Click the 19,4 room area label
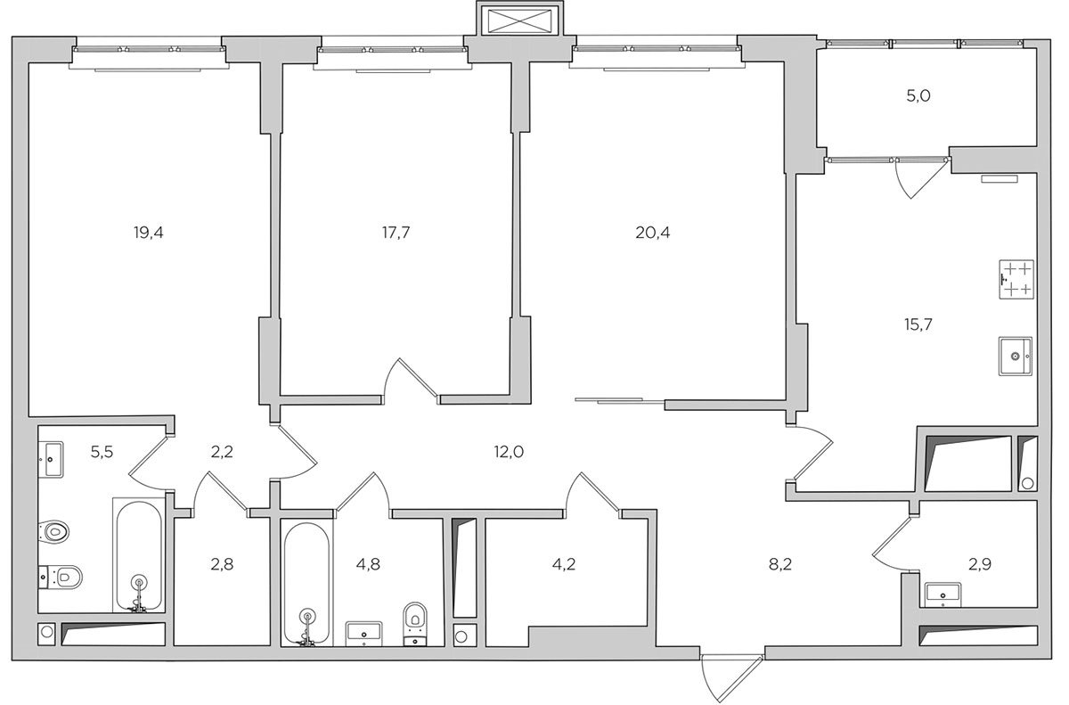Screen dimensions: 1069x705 pyautogui.click(x=149, y=233)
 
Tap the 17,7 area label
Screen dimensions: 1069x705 pyautogui.click(x=396, y=233)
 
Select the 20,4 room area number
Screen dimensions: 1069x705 pyautogui.click(x=652, y=233)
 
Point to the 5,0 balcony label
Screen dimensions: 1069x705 pyautogui.click(x=918, y=96)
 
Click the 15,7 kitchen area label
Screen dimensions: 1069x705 pyautogui.click(x=918, y=325)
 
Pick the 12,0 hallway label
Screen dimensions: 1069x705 pyautogui.click(x=509, y=452)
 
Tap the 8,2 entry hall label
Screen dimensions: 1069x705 pyautogui.click(x=780, y=565)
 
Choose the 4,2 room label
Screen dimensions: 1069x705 pyautogui.click(x=564, y=565)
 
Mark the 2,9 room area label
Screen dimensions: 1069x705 pyautogui.click(x=980, y=565)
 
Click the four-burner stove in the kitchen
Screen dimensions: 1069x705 pyautogui.click(x=1016, y=280)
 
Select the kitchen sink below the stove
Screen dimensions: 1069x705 pyautogui.click(x=1015, y=357)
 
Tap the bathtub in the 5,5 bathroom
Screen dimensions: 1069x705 pyautogui.click(x=139, y=556)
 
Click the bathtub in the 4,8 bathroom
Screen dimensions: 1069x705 pyautogui.click(x=306, y=584)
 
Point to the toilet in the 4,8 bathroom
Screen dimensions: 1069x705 pyautogui.click(x=415, y=624)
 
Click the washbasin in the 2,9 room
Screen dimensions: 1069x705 pyautogui.click(x=943, y=594)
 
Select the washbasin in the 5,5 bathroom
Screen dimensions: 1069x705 pyautogui.click(x=51, y=459)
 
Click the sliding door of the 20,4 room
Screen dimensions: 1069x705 pyautogui.click(x=619, y=400)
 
